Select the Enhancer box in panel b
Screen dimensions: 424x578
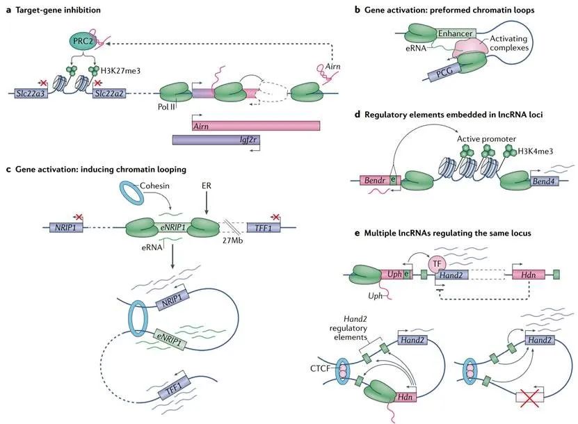(x=455, y=33)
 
